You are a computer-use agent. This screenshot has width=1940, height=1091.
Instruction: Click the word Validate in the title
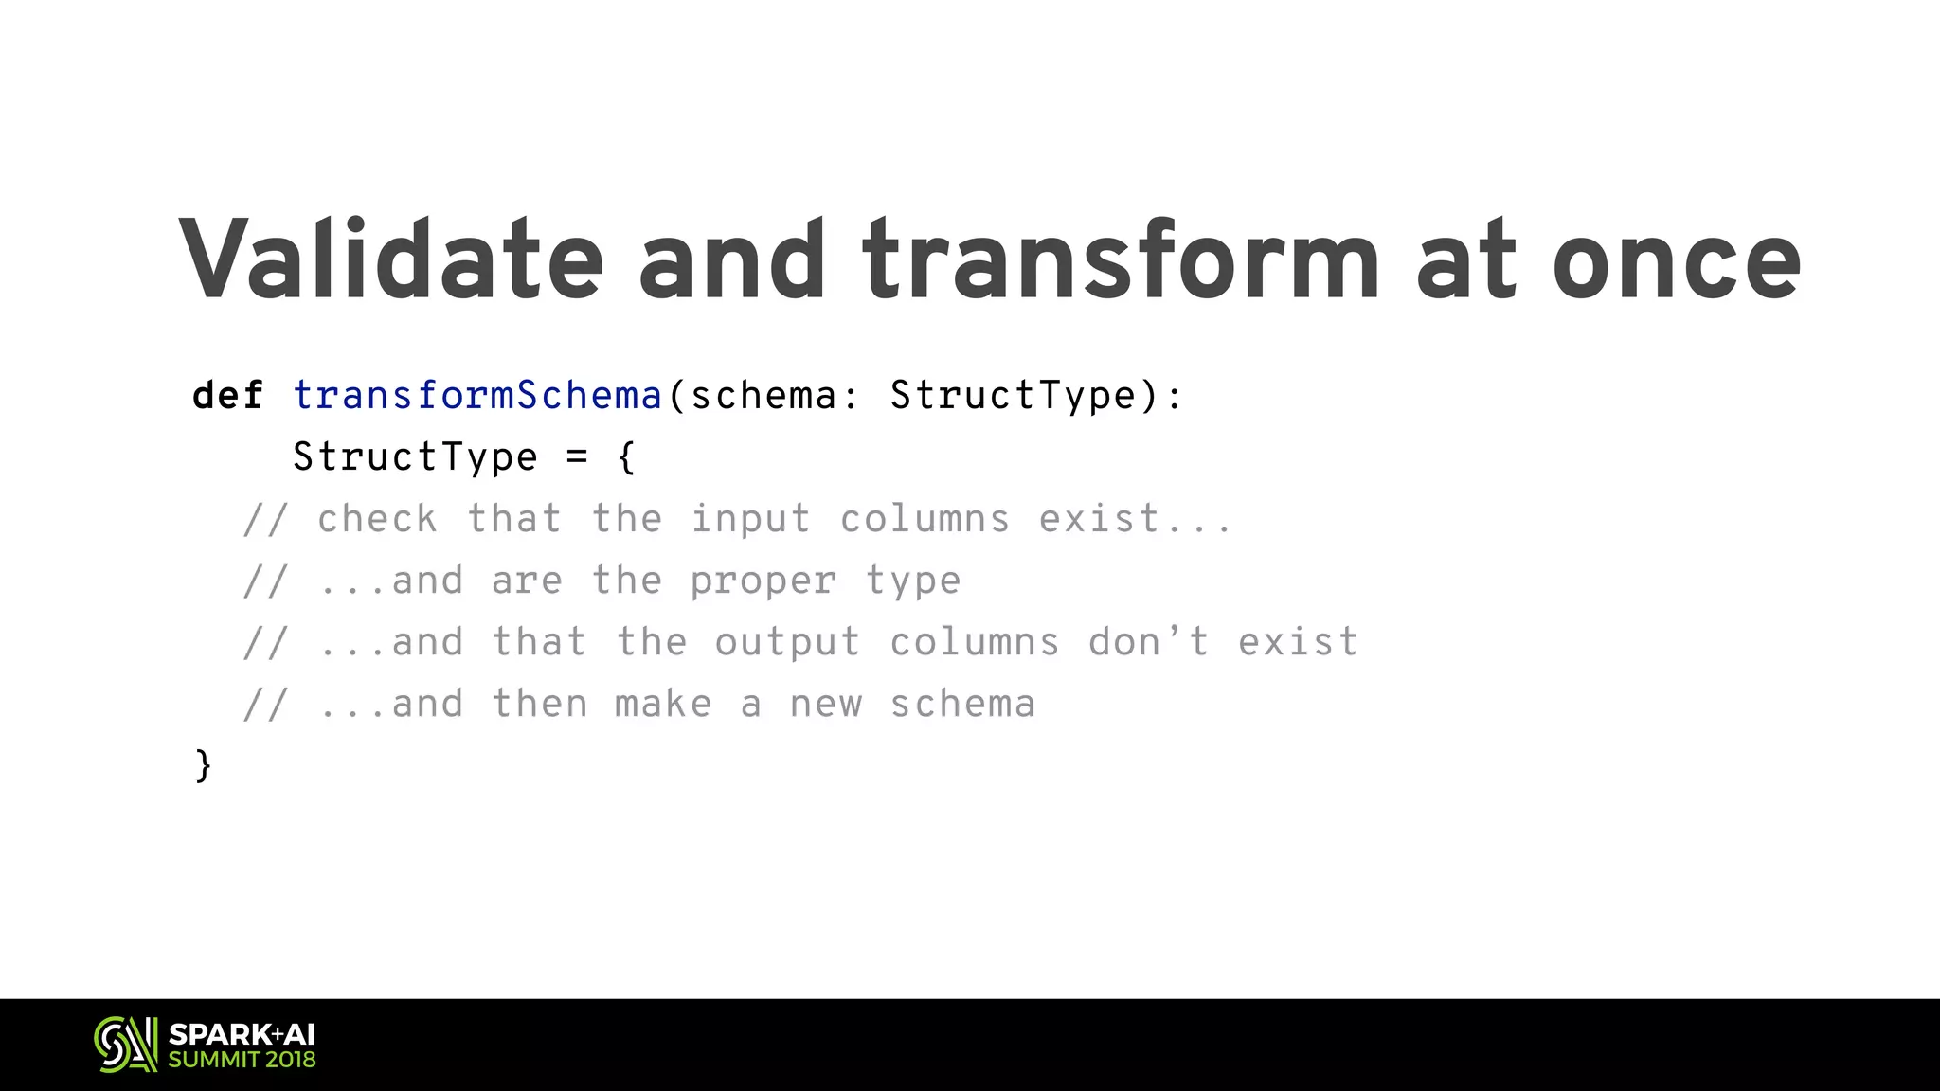click(x=390, y=259)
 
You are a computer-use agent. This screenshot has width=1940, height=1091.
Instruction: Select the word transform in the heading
click(x=1121, y=259)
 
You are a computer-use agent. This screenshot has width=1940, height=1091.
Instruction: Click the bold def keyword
click(x=227, y=396)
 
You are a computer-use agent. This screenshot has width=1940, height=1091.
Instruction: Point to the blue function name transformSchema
click(x=476, y=396)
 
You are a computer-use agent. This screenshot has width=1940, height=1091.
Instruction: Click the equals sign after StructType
click(x=577, y=457)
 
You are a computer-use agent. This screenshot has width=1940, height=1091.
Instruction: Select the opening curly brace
click(x=626, y=457)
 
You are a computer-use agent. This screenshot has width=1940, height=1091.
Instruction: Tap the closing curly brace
click(x=203, y=765)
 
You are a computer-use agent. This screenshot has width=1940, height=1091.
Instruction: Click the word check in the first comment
click(x=377, y=519)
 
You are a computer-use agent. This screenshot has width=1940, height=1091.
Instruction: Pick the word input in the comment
click(x=750, y=520)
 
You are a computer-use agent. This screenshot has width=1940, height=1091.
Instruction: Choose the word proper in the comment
click(x=763, y=581)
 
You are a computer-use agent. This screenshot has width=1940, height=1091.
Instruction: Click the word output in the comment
click(x=787, y=643)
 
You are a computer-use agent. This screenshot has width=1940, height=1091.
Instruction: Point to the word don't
click(x=1149, y=642)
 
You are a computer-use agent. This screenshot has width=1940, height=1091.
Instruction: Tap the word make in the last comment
click(x=663, y=704)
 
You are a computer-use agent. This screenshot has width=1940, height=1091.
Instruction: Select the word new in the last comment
click(x=826, y=704)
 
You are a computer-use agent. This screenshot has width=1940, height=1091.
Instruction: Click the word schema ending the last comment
click(x=962, y=704)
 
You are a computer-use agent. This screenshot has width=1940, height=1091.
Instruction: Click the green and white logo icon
click(x=125, y=1045)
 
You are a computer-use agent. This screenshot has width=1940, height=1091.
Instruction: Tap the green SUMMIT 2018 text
click(x=242, y=1060)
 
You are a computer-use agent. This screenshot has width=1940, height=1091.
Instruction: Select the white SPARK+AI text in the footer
click(x=242, y=1034)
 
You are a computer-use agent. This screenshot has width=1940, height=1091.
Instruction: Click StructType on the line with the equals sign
click(x=415, y=457)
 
